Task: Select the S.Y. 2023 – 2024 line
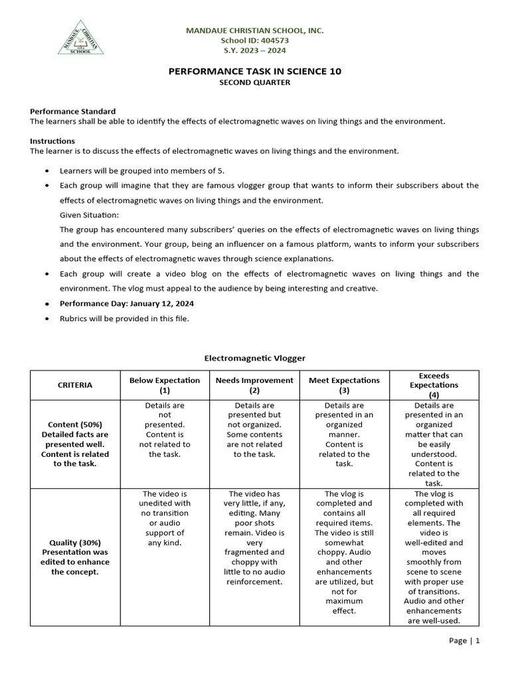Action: (254, 51)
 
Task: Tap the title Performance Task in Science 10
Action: (254, 71)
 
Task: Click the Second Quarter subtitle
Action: (254, 82)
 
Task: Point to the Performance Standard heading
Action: (72, 111)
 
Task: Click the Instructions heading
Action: (52, 141)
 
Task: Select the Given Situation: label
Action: (89, 215)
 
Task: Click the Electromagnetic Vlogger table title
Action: (254, 358)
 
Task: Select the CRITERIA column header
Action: (75, 385)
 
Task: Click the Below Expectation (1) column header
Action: (165, 385)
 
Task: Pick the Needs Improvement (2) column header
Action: (254, 385)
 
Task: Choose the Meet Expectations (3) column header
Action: (344, 385)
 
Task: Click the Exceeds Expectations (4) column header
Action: (434, 385)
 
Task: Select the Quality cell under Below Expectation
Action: (165, 518)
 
